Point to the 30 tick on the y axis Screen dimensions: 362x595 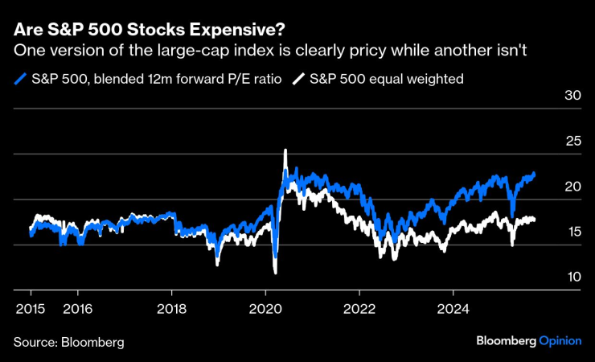point(572,96)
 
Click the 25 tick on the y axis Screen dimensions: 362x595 point(572,141)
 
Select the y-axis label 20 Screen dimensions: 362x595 point(572,187)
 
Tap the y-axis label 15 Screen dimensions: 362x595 point(572,232)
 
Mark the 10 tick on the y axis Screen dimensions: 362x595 point(572,277)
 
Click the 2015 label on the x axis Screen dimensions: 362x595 point(29,307)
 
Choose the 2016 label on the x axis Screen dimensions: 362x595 point(76,307)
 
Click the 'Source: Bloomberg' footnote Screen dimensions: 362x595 point(68,342)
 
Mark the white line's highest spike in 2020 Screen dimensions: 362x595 point(285,150)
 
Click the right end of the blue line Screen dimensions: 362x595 point(535,173)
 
